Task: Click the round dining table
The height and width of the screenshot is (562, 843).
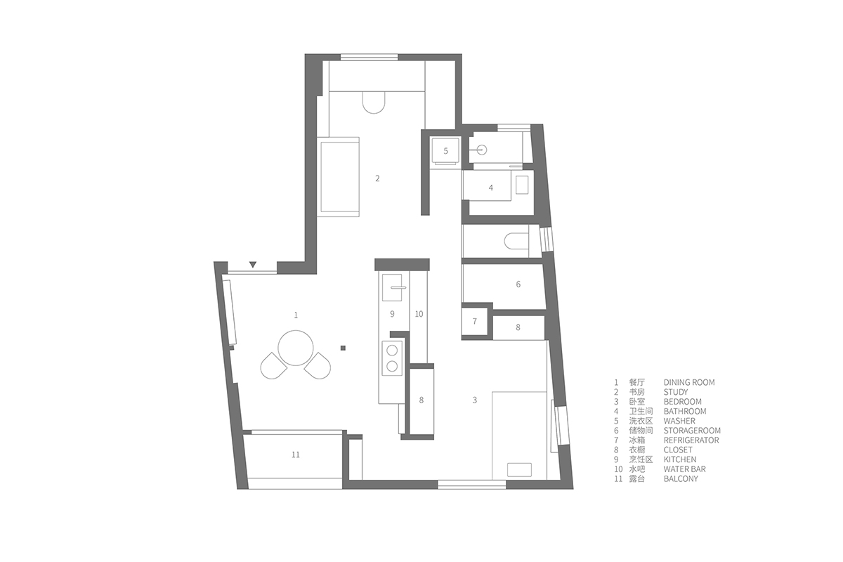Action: pyautogui.click(x=296, y=348)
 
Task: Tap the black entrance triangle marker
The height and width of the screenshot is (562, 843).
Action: pyautogui.click(x=253, y=265)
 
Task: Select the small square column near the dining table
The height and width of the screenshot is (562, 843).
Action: pyautogui.click(x=343, y=348)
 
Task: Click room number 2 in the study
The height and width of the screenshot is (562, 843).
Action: pyautogui.click(x=377, y=178)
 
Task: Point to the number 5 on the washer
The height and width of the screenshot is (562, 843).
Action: pyautogui.click(x=445, y=151)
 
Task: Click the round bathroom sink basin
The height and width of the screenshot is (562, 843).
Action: pyautogui.click(x=482, y=150)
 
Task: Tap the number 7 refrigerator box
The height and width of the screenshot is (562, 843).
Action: pyautogui.click(x=475, y=321)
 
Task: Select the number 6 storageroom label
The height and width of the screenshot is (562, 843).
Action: pyautogui.click(x=518, y=285)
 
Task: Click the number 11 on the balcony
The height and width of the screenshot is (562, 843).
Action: pyautogui.click(x=296, y=455)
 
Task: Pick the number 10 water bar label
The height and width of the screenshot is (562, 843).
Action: pyautogui.click(x=419, y=314)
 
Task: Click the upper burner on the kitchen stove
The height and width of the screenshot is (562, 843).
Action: pyautogui.click(x=392, y=351)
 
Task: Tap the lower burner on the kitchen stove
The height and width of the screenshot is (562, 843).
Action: pyautogui.click(x=392, y=366)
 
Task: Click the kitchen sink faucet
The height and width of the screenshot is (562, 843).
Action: pyautogui.click(x=398, y=287)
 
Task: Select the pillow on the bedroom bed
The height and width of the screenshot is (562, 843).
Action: pyautogui.click(x=519, y=470)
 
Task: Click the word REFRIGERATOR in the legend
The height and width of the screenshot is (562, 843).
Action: pyautogui.click(x=691, y=440)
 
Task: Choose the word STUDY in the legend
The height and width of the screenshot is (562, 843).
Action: pyautogui.click(x=676, y=392)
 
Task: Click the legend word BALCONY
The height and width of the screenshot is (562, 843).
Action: pyautogui.click(x=681, y=479)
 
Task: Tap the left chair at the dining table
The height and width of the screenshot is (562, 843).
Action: pyautogui.click(x=273, y=366)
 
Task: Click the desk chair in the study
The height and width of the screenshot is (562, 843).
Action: pyautogui.click(x=374, y=103)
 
